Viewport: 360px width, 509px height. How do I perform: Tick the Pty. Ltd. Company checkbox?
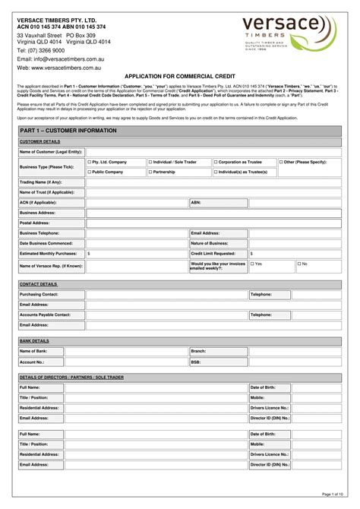90,162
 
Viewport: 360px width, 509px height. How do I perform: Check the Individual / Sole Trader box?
150,162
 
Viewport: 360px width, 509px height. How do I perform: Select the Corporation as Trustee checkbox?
216,162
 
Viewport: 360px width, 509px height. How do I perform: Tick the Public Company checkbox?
90,172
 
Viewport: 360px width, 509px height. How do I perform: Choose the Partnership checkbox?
150,172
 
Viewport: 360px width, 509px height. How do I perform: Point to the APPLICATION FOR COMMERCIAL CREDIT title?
179,77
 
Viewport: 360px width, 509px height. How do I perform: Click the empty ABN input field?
272,203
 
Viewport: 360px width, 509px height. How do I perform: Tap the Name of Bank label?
33,351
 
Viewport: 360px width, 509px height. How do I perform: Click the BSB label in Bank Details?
195,362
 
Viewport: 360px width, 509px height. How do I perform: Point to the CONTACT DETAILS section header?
39,283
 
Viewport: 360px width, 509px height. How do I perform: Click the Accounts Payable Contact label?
45,314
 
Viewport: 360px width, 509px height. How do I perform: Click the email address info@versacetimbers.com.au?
68,58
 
